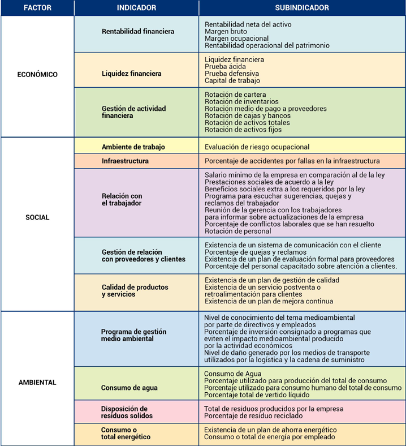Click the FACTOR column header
(x=37, y=8)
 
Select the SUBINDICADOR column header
(x=302, y=8)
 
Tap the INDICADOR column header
(x=136, y=8)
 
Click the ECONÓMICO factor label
(x=37, y=75)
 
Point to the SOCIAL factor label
(x=37, y=217)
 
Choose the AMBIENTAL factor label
(x=37, y=382)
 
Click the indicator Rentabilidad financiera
(x=138, y=31)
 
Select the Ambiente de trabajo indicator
(x=133, y=147)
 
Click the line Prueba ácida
(x=225, y=67)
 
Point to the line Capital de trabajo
(x=232, y=81)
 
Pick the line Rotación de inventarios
(x=241, y=101)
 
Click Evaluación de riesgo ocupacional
(x=257, y=147)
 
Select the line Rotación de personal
(x=238, y=231)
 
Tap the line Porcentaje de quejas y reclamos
(x=256, y=252)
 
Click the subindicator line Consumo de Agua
(x=233, y=374)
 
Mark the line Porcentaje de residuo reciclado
(x=253, y=416)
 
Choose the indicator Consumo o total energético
(x=126, y=433)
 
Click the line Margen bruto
(x=226, y=31)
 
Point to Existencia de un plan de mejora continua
(x=269, y=301)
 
